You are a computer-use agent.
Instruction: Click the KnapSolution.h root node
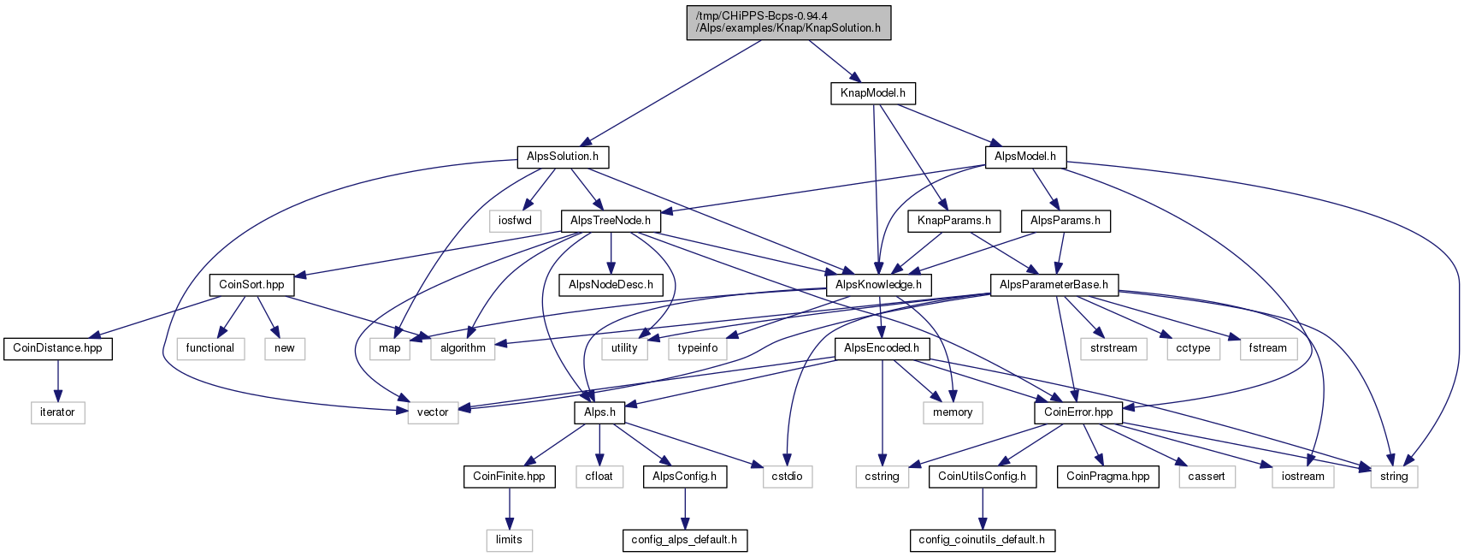788,23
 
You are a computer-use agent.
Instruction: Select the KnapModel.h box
873,93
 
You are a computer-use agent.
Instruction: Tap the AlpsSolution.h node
563,157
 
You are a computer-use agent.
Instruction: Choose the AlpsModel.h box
1025,157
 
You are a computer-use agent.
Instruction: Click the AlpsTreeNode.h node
611,221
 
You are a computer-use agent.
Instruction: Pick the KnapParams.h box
954,221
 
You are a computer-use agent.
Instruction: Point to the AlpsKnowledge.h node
879,285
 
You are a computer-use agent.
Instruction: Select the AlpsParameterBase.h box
1054,285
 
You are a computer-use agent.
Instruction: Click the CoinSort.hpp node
251,285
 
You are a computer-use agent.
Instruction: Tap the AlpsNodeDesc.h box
611,285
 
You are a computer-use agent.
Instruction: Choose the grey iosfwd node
515,221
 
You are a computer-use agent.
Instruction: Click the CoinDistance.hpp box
57,348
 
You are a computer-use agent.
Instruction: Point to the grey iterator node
57,412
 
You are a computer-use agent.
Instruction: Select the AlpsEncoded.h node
882,348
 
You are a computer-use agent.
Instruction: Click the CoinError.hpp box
1078,412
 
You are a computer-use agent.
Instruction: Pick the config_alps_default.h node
684,540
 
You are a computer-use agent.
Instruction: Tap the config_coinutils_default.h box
982,540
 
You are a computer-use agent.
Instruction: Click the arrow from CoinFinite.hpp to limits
509,508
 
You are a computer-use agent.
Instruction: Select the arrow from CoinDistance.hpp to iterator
57,381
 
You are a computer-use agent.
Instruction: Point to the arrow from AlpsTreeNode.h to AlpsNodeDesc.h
611,253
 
